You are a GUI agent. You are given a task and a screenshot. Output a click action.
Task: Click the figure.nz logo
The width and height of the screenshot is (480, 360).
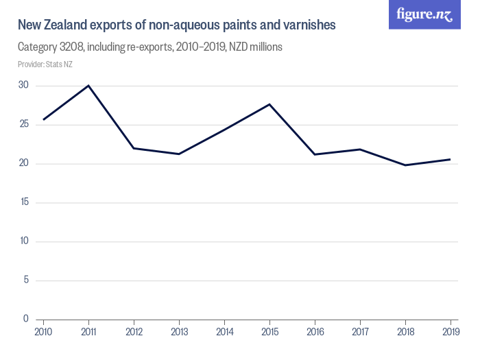coord(424,14)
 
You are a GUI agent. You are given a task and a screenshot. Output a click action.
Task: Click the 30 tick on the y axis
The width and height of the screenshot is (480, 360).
coord(23,85)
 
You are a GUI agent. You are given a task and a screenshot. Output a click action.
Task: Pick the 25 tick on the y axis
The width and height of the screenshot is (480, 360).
coord(23,124)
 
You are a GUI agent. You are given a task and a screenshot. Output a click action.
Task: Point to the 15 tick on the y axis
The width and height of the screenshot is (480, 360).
coord(23,202)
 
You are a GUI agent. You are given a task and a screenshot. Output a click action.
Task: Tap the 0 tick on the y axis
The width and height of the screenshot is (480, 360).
coord(25,318)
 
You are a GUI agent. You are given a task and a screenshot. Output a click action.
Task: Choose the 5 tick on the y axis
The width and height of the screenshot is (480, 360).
coord(25,280)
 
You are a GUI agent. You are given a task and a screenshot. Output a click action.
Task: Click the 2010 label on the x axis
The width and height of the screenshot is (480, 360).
coord(43,333)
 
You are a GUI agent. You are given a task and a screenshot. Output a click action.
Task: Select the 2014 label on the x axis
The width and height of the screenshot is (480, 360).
coord(225,333)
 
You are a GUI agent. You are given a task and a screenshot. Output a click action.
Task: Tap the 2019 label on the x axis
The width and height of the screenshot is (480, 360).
coord(450,333)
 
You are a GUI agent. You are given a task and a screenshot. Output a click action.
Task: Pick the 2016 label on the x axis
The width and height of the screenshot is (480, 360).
coord(315,333)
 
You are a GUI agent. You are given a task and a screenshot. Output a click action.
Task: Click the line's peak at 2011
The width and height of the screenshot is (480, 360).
coord(88,86)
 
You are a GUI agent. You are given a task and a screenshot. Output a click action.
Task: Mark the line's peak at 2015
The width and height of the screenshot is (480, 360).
coord(269,104)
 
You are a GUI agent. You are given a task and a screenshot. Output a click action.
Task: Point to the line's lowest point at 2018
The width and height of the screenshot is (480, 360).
coord(405,165)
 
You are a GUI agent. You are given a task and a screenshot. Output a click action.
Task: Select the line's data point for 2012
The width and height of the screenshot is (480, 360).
coord(134,148)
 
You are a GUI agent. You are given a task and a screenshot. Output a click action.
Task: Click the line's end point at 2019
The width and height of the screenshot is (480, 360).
coord(450,159)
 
